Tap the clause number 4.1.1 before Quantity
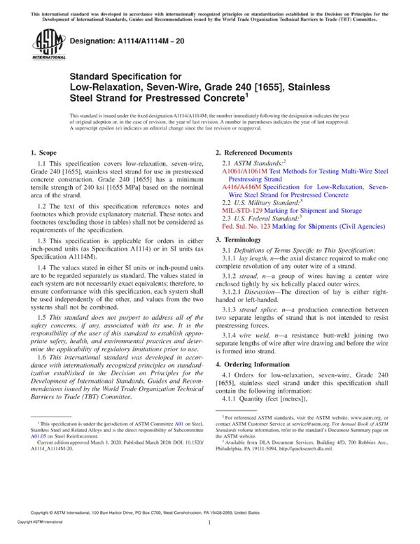(231, 399)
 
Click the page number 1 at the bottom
(210, 522)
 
